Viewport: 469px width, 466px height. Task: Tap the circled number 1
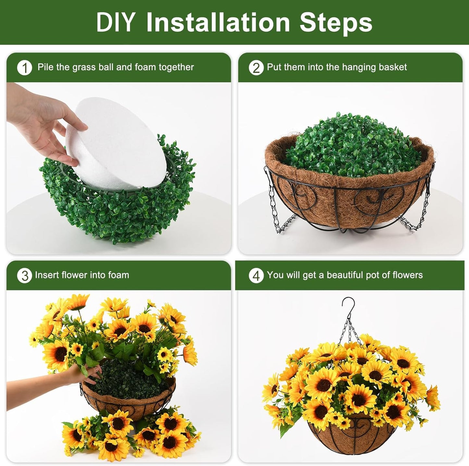point(25,68)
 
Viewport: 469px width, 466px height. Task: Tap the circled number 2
point(256,68)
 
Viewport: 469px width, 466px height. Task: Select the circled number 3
point(25,276)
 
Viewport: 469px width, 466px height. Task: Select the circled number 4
point(256,276)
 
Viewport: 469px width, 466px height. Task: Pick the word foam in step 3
point(118,275)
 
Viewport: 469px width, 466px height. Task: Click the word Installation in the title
point(218,22)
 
